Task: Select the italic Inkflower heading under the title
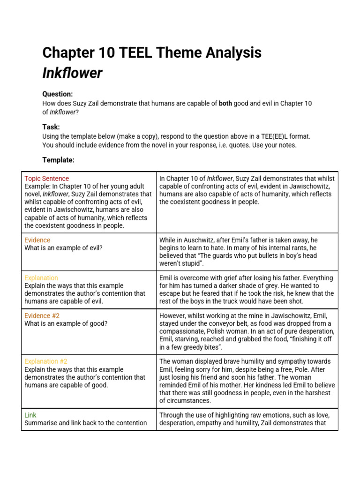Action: click(x=72, y=73)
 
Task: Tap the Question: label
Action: click(x=58, y=94)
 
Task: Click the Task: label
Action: click(x=51, y=127)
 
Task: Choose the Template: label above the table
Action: click(x=58, y=160)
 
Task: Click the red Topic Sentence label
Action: click(x=46, y=179)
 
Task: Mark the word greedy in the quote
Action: click(x=197, y=347)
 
